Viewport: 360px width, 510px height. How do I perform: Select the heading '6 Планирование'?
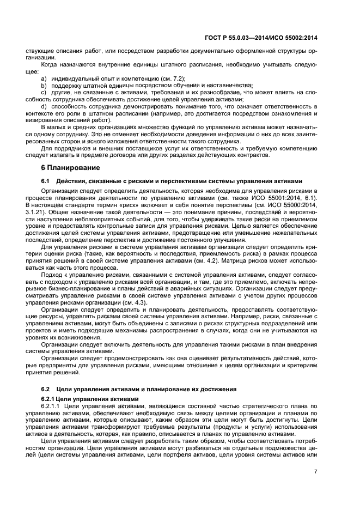(68, 167)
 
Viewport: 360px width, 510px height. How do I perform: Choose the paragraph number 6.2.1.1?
(52, 406)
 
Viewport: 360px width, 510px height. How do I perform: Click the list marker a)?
(43, 79)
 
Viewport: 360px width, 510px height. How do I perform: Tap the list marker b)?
(43, 86)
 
